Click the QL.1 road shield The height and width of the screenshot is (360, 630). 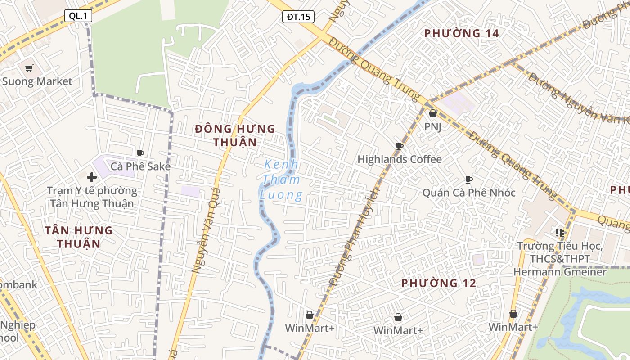coord(78,16)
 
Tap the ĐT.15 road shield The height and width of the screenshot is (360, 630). coord(298,17)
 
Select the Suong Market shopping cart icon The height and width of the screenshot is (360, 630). coord(29,68)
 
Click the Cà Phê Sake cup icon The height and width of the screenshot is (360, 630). coord(140,153)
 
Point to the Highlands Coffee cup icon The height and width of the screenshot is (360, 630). coord(399,146)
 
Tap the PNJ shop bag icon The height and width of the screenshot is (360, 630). coord(433,114)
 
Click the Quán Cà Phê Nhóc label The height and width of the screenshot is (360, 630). coord(468,193)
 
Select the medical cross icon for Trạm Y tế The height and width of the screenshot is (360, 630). coord(92,177)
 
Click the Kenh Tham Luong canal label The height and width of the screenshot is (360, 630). coord(282,180)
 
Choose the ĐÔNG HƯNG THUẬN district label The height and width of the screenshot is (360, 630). coord(234,135)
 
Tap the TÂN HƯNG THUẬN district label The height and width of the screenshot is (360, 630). coord(79,237)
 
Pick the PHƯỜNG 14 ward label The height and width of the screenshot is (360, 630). coord(462,33)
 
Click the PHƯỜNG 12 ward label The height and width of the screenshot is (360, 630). coord(438,283)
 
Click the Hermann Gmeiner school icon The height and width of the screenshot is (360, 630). coord(560,233)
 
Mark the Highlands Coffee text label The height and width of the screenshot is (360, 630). coord(400,159)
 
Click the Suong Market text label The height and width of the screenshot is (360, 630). coord(37,81)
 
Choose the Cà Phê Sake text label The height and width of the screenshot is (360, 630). coord(141,166)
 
